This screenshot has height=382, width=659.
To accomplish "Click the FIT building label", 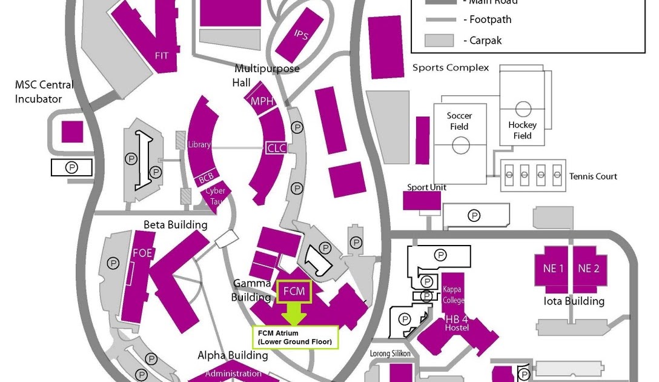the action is (x=162, y=56).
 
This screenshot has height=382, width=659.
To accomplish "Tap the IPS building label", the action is (x=301, y=35).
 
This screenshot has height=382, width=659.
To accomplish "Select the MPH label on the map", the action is (x=262, y=101).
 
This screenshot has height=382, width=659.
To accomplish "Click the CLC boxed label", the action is (x=276, y=147).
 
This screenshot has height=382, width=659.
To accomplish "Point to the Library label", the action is (x=199, y=145).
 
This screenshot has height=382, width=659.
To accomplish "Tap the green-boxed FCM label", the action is (x=294, y=292).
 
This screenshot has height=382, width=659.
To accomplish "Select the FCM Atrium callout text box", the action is (x=294, y=338).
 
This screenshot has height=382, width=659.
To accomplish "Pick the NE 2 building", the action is (x=588, y=269).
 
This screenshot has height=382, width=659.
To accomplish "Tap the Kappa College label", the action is (x=454, y=295).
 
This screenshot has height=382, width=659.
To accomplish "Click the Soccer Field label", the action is (x=459, y=121).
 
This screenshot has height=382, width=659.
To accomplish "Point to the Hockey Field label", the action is (x=522, y=130).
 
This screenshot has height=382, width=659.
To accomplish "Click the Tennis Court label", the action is (x=593, y=176).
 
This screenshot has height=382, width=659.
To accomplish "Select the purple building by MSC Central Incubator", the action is (x=72, y=132).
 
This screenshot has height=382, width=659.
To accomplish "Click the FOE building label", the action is (x=142, y=253).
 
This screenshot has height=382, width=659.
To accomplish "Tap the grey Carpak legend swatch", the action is (x=439, y=41).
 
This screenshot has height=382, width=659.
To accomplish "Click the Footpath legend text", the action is (x=491, y=19).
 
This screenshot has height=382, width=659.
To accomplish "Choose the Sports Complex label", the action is (x=450, y=68).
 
